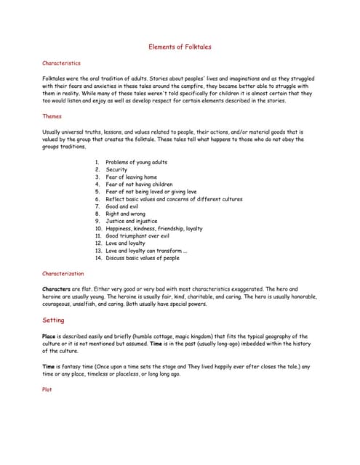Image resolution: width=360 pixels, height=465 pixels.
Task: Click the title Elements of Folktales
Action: pyautogui.click(x=180, y=46)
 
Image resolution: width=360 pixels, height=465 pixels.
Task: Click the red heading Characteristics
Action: pyautogui.click(x=61, y=63)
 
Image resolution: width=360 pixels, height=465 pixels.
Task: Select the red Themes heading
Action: pyautogui.click(x=52, y=116)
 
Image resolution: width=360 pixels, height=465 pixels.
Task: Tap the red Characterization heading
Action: pyautogui.click(x=63, y=273)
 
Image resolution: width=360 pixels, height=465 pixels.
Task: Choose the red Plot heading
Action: pyautogui.click(x=47, y=389)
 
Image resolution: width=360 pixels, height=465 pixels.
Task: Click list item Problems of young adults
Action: pyautogui.click(x=136, y=162)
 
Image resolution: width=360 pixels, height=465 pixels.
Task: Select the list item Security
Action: pyautogui.click(x=116, y=169)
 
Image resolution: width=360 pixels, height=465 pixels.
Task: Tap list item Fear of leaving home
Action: pyautogui.click(x=131, y=177)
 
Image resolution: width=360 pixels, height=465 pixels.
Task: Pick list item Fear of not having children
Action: pyautogui.click(x=139, y=185)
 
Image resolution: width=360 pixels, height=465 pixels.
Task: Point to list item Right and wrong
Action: pyautogui.click(x=125, y=214)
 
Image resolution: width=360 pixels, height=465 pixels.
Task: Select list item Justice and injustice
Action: pyautogui.click(x=131, y=222)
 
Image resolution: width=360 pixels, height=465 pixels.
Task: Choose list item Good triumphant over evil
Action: pyautogui.click(x=137, y=236)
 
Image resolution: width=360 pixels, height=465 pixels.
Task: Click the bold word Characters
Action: pyautogui.click(x=56, y=288)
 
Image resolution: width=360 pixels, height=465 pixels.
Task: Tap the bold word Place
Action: pyautogui.click(x=49, y=336)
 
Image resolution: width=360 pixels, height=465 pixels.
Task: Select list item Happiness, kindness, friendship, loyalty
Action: pyautogui.click(x=153, y=229)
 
